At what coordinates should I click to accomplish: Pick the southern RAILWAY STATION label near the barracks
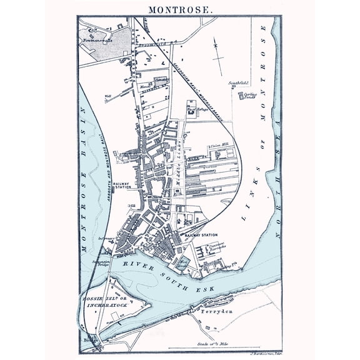tap(201, 235)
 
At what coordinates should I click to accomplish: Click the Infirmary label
tap(104, 238)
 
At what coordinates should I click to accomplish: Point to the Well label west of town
tap(107, 96)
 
